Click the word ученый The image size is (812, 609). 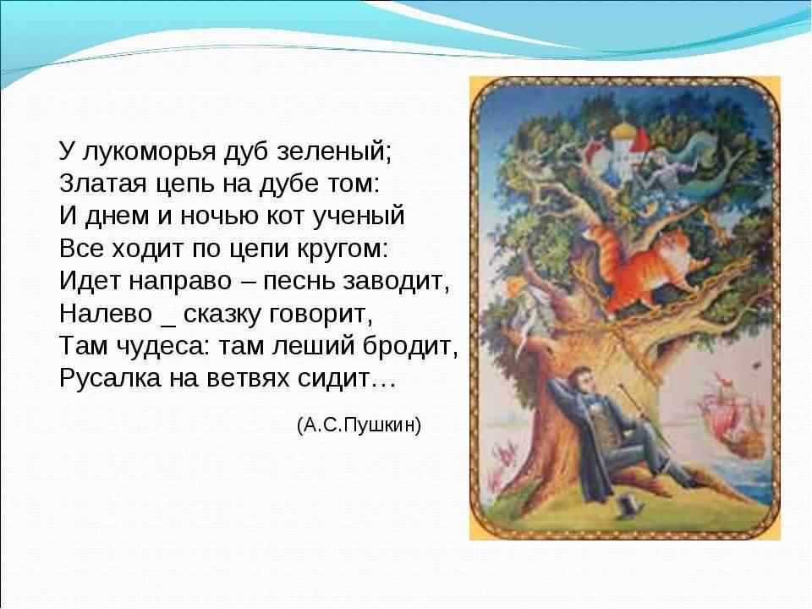pos(359,217)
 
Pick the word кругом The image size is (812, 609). pos(342,249)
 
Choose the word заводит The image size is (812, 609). pos(396,281)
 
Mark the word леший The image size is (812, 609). pos(313,346)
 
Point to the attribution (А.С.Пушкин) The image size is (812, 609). pos(359,425)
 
